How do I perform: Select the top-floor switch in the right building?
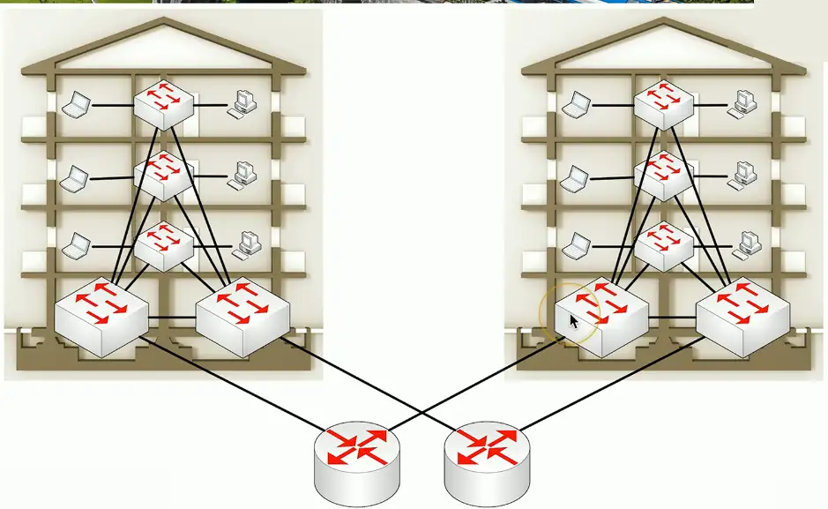point(663,104)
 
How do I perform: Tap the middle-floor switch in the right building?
point(663,175)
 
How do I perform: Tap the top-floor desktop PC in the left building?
point(242,104)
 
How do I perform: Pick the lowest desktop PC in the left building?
point(246,243)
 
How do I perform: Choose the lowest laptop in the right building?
point(578,243)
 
